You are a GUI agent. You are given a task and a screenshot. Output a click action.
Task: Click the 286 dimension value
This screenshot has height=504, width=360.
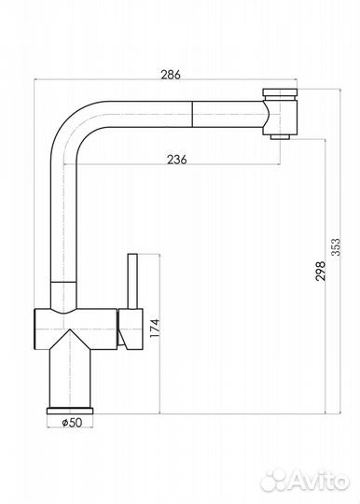click(171, 75)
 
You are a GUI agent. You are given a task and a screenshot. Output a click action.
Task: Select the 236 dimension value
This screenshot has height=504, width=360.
click(176, 159)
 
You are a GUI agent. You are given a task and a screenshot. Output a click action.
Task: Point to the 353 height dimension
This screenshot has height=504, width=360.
click(336, 246)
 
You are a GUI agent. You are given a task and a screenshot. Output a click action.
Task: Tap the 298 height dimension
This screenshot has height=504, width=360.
click(320, 272)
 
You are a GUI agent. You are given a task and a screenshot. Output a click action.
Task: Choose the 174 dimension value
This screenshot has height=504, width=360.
click(155, 328)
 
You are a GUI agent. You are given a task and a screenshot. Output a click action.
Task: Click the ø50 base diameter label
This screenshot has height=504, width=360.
click(72, 423)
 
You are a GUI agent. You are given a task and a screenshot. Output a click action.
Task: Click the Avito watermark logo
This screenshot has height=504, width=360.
click(304, 482)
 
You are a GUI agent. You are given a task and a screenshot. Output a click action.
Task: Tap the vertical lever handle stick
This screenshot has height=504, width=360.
click(132, 281)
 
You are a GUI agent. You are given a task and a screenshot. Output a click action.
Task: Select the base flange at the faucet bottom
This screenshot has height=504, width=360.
click(70, 411)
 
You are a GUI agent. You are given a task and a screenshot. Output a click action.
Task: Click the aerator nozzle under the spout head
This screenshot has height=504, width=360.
click(281, 137)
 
